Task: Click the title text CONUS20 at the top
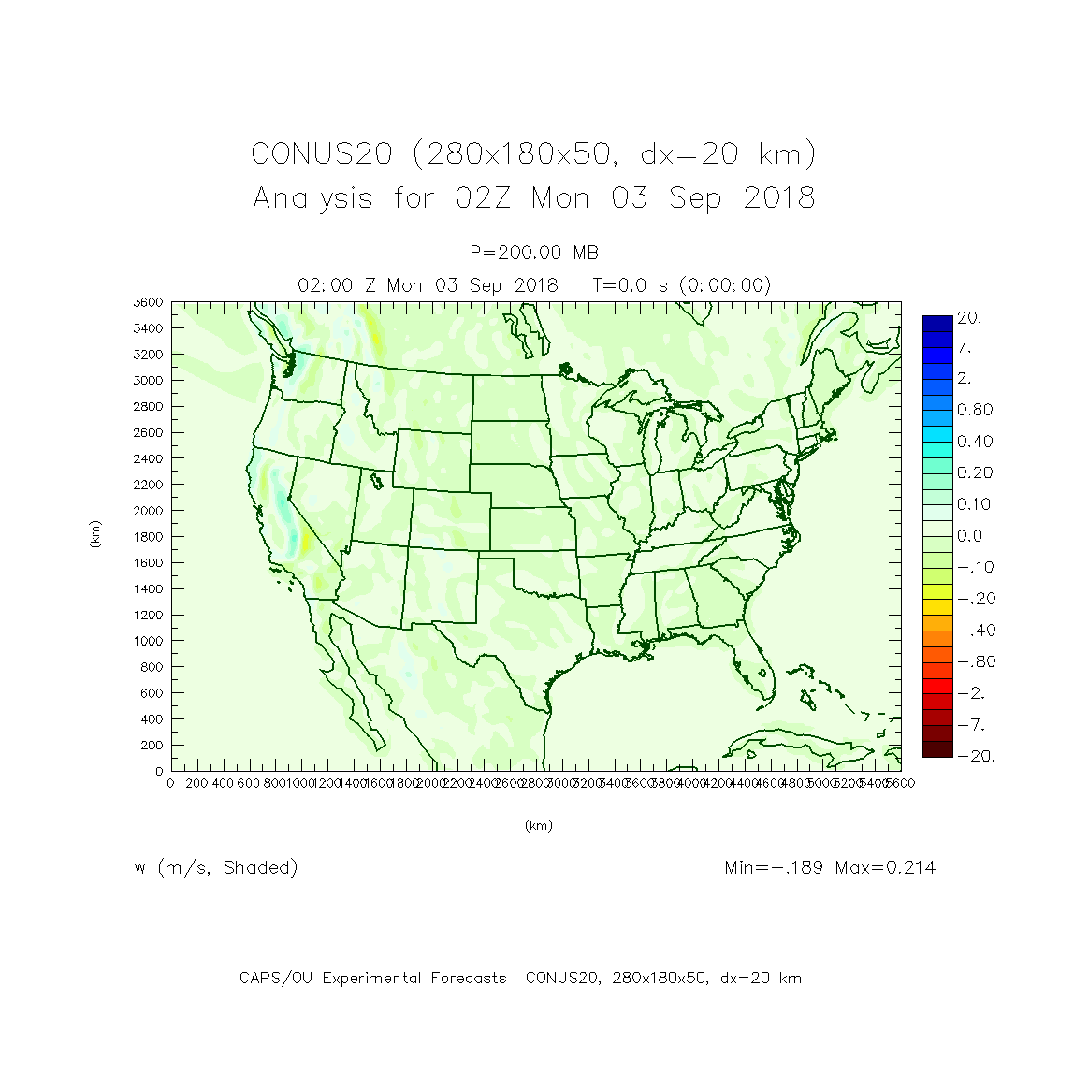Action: [321, 153]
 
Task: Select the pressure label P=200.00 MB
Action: [534, 253]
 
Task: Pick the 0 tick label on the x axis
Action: [170, 784]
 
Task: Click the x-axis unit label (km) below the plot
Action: [538, 826]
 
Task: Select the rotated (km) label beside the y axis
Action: [95, 534]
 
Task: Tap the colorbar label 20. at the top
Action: [969, 318]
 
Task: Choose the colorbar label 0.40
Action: [974, 442]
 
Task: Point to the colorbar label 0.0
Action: [969, 536]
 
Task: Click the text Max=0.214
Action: [885, 868]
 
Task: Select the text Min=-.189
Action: [774, 868]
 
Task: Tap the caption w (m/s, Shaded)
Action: [216, 868]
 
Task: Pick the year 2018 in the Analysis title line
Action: [778, 198]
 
